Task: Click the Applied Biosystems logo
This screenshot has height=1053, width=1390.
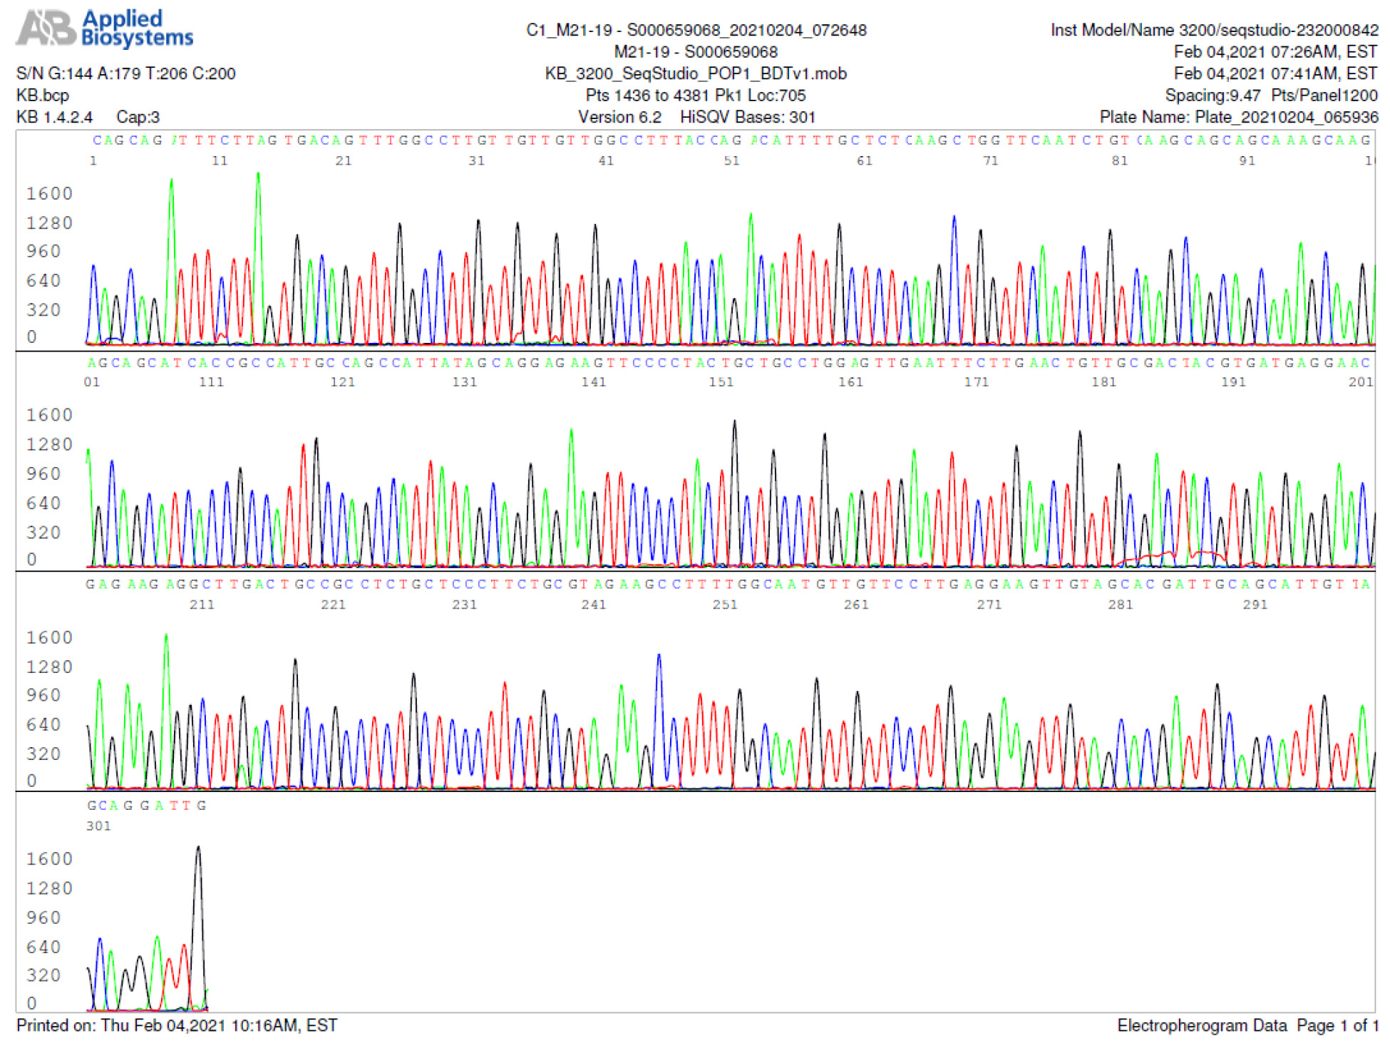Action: pos(105,29)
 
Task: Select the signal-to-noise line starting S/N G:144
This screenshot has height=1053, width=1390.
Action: pos(125,73)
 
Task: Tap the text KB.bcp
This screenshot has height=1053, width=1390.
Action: pos(43,96)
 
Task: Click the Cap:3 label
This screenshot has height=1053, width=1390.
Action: pos(138,117)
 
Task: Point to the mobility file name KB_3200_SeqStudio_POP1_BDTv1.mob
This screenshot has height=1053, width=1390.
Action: pos(695,73)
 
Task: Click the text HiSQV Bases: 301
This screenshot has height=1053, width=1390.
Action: pos(747,117)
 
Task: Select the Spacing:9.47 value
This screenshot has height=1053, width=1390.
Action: pos(1212,96)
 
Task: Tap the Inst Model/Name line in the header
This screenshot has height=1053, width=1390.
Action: pos(1214,30)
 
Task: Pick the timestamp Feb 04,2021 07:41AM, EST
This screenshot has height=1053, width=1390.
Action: pos(1275,73)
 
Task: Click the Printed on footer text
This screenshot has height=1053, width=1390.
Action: pos(177,1025)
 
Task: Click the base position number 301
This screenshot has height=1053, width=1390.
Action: pos(98,826)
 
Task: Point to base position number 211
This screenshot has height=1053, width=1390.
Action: pos(202,605)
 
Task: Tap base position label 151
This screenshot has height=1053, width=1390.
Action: pos(721,382)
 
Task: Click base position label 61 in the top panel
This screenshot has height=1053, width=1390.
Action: pos(864,161)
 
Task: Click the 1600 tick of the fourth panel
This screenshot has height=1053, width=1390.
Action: pos(49,859)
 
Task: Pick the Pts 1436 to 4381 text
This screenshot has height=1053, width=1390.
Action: pos(695,96)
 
